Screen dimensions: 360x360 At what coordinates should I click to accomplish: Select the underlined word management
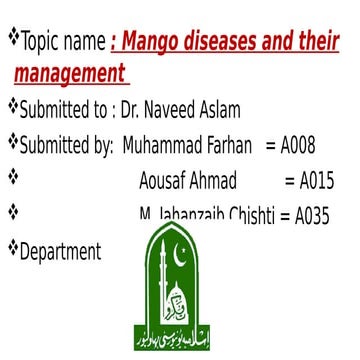(x=69, y=74)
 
